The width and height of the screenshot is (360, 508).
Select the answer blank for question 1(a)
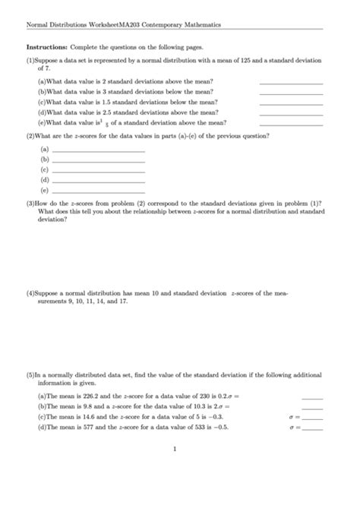[x=291, y=81]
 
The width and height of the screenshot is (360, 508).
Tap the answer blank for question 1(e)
[x=291, y=123]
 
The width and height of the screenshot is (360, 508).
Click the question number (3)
[x=31, y=204]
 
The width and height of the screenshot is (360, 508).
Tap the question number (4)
[x=31, y=292]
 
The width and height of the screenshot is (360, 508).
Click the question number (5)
[x=31, y=375]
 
